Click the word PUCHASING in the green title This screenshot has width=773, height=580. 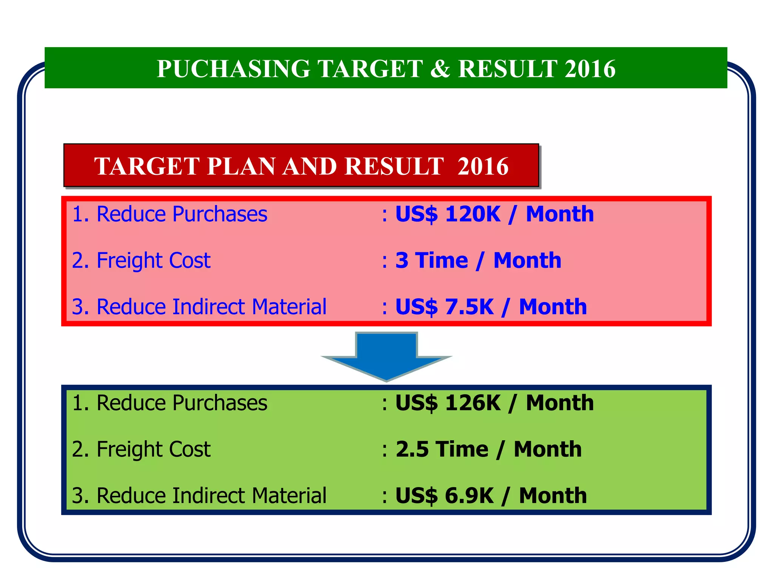(233, 69)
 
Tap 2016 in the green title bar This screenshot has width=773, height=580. (590, 69)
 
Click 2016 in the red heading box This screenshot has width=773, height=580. (483, 166)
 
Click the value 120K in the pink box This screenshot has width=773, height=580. (473, 214)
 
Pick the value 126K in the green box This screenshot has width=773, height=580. (473, 403)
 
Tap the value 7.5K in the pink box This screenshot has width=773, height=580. (469, 307)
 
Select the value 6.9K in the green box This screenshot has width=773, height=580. (469, 495)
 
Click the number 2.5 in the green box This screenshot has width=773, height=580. (412, 449)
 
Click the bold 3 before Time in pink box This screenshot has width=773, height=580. (402, 261)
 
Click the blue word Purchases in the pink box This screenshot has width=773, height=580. (220, 214)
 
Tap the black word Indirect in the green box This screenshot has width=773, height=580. (208, 495)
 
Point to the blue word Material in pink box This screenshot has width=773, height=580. (289, 307)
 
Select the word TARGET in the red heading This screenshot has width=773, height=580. (146, 166)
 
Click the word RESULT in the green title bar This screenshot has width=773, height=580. (508, 69)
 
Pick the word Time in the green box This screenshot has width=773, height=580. (462, 449)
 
